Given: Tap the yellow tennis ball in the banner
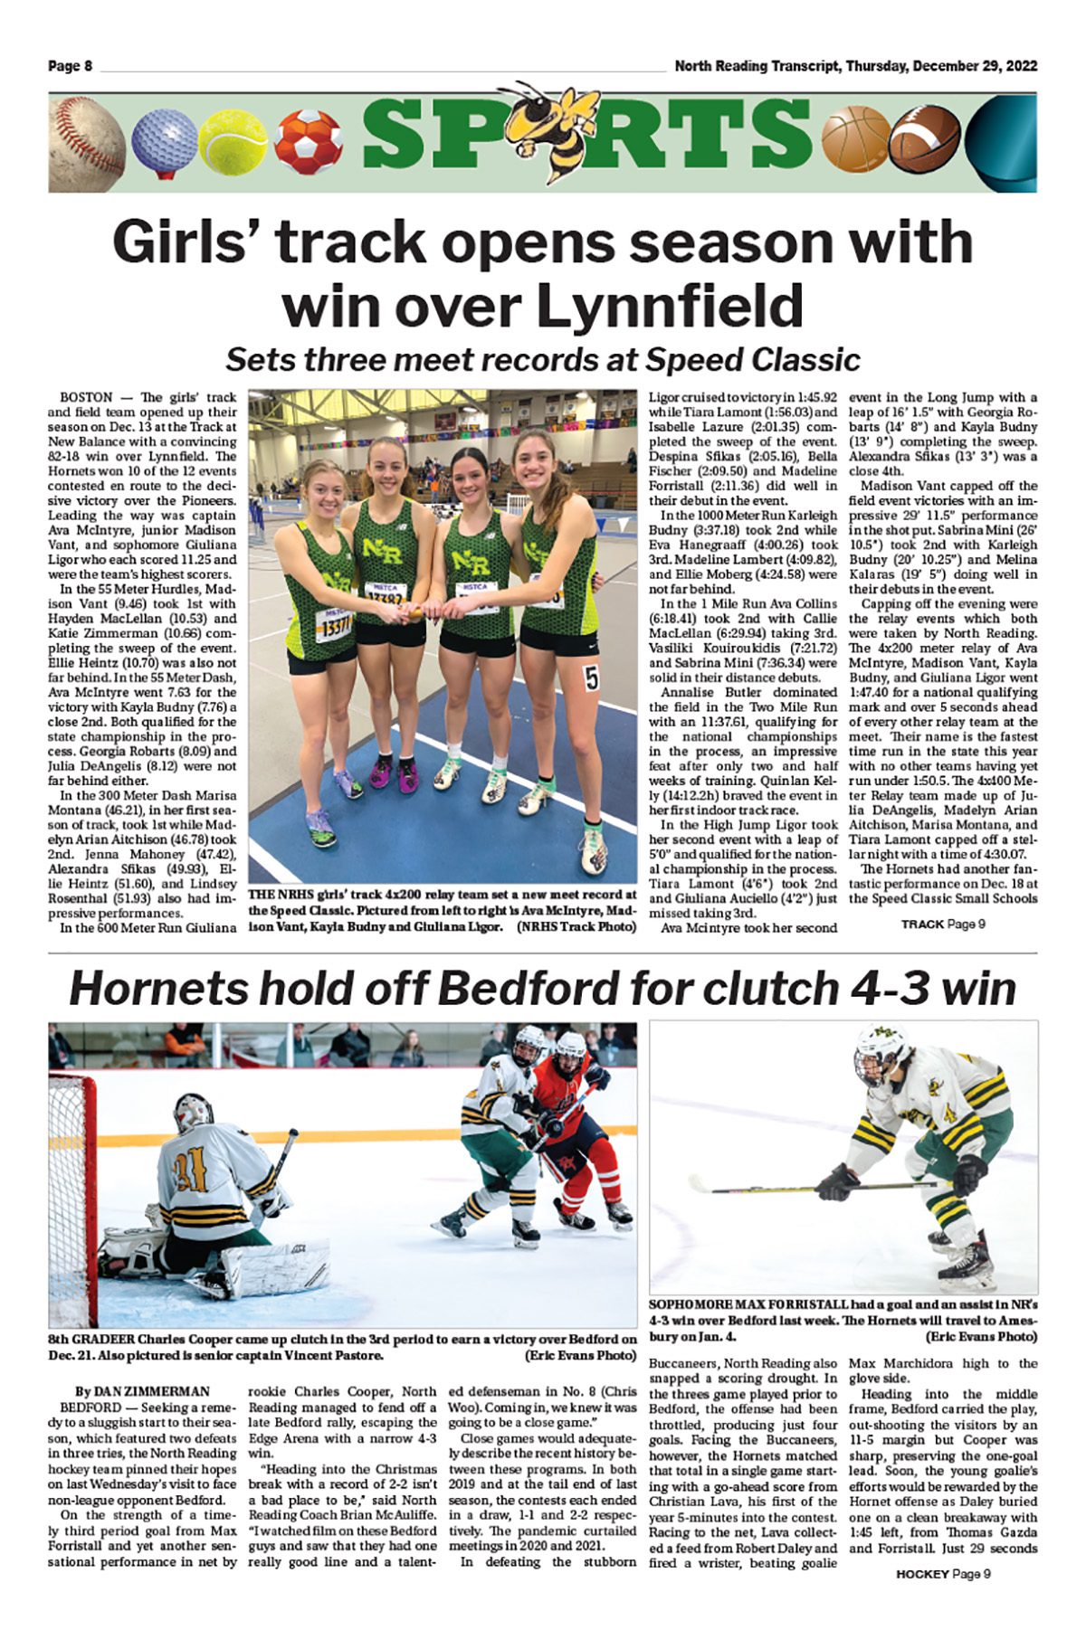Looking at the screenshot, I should [232, 143].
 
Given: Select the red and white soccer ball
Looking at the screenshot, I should [308, 141].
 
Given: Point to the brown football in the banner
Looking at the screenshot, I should [922, 143].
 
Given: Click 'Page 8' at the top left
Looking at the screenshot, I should [71, 66].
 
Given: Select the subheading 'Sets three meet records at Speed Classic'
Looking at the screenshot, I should [542, 360].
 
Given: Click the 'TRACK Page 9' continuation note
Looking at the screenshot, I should [942, 924].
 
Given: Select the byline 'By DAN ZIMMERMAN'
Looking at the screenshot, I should [143, 1391].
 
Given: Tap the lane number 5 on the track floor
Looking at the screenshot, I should [592, 678].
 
